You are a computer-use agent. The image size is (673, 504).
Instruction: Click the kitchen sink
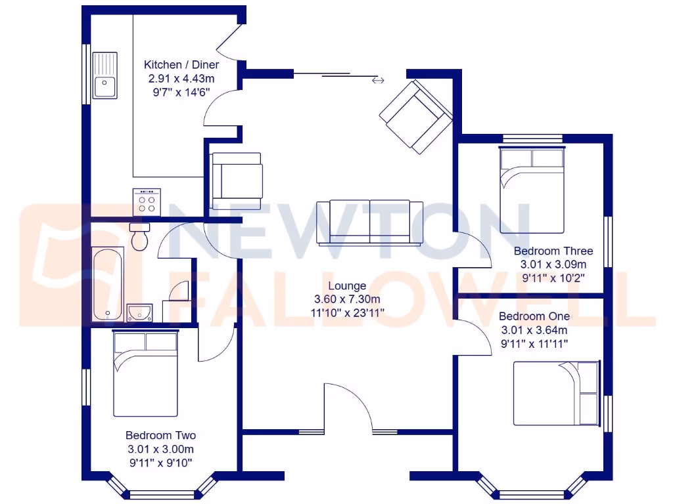[104, 75]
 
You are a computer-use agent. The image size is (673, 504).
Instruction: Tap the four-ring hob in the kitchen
[148, 201]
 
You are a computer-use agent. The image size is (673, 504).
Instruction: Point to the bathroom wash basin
[139, 312]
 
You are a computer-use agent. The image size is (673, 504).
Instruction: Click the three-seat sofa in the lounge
[370, 222]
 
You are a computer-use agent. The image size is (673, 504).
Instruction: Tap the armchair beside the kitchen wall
[236, 179]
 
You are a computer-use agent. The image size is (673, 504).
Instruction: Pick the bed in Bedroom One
[556, 393]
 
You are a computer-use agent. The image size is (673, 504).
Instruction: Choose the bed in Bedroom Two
[146, 373]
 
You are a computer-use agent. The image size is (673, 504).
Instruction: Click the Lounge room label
[347, 286]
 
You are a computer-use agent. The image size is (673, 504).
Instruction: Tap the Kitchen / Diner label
[181, 65]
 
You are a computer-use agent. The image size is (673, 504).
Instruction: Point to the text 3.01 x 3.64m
[534, 330]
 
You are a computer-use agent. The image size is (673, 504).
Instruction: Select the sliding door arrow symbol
[377, 81]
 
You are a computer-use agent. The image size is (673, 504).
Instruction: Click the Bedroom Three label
[553, 251]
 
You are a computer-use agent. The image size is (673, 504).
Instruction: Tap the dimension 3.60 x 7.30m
[347, 299]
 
